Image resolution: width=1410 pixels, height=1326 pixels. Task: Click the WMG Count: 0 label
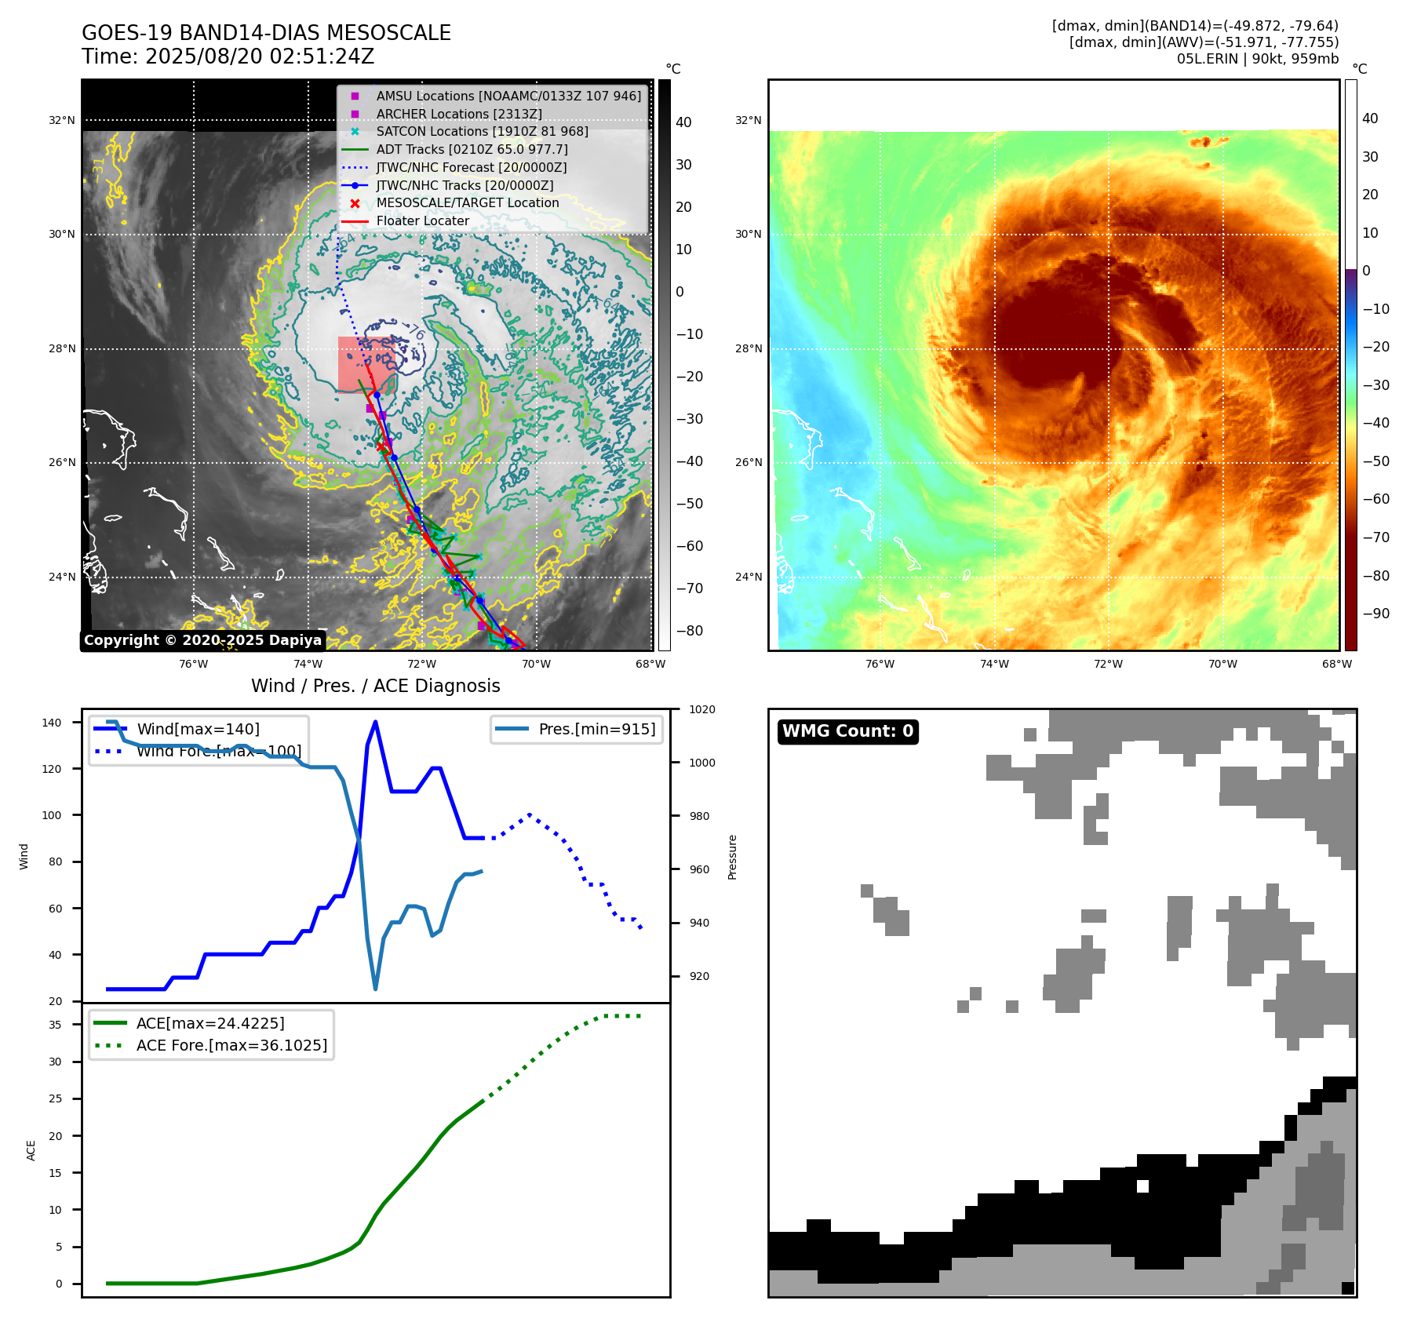tap(847, 731)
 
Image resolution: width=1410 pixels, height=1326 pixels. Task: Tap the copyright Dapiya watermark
tap(202, 640)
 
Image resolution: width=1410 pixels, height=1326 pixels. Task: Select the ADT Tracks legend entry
tap(472, 149)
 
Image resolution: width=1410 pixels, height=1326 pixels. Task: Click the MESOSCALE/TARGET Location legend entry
tap(467, 203)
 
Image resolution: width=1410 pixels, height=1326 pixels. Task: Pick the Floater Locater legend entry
tap(422, 221)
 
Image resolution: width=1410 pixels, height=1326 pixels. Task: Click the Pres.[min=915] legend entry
tap(596, 729)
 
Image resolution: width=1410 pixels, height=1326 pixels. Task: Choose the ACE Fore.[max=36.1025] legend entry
tap(231, 1045)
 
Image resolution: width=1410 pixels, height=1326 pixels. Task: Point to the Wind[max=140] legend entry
tap(198, 729)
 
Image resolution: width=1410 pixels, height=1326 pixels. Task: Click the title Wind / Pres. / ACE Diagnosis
tap(375, 686)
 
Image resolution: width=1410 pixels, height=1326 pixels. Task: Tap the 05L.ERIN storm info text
tap(1257, 59)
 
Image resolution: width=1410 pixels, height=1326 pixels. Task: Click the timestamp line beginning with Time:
tap(228, 56)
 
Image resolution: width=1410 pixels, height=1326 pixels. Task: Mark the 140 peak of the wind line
tap(375, 722)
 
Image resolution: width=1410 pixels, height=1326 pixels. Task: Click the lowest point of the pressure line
tap(375, 989)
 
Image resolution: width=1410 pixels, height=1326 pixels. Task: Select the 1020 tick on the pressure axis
tap(701, 709)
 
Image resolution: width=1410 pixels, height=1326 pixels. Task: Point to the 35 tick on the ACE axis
tap(55, 1024)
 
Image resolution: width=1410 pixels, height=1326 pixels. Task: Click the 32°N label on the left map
tap(62, 121)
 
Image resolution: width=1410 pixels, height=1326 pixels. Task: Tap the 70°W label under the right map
tap(1222, 664)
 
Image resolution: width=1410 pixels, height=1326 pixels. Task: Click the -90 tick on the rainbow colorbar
tap(1375, 614)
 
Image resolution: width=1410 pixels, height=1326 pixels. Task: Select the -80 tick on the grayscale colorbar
tap(689, 631)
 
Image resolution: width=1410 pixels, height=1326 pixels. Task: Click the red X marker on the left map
tap(381, 446)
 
